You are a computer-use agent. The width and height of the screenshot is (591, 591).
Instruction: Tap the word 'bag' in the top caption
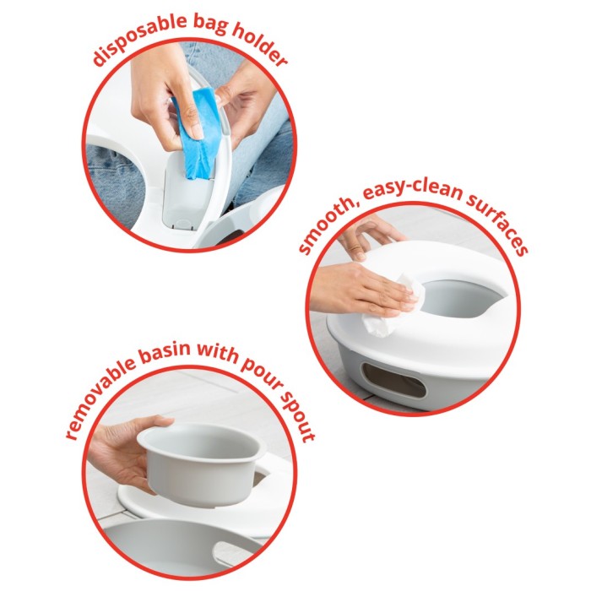tap(209, 24)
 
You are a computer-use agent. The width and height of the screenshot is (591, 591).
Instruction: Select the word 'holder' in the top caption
tap(260, 46)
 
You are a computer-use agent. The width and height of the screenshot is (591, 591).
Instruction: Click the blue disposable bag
tap(196, 133)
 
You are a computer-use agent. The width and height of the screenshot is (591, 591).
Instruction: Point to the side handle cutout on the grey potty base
tap(394, 381)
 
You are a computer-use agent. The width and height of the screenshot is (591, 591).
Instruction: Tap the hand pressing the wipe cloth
tap(362, 290)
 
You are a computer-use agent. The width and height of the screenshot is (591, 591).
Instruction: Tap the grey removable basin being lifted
tap(202, 464)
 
